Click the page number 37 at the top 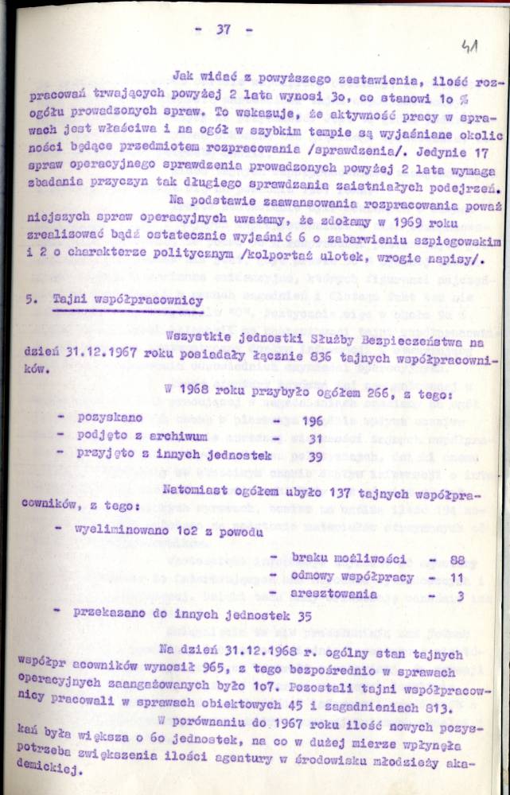click(223, 30)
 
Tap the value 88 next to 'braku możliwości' click(457, 559)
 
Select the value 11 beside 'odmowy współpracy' click(457, 576)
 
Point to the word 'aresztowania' click(335, 594)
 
